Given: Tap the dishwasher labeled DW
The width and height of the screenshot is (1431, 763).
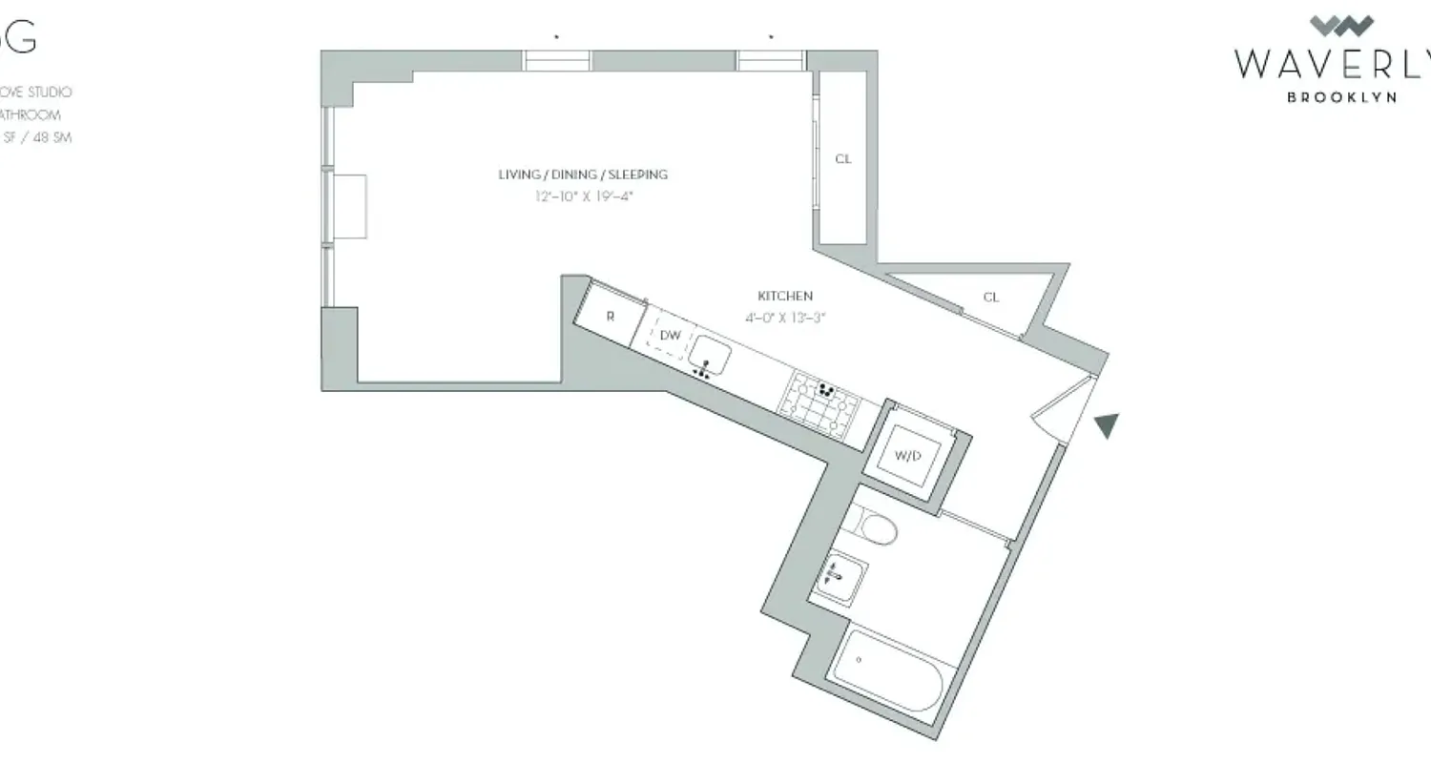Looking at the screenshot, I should (670, 336).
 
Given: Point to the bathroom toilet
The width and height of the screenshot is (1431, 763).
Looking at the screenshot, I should (872, 526).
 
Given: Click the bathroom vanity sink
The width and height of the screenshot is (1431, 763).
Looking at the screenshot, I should (840, 575).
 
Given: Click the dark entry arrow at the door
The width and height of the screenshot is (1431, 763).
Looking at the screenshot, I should (1106, 425).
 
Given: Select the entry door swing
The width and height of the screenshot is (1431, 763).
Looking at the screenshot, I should (1065, 410).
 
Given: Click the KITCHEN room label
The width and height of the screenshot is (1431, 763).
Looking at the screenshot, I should (785, 297).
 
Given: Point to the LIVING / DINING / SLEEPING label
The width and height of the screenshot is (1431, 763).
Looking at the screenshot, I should (583, 175).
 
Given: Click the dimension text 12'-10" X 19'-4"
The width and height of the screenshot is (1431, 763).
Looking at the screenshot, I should (584, 197).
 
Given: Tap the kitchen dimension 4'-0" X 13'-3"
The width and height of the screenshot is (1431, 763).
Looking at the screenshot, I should (785, 319).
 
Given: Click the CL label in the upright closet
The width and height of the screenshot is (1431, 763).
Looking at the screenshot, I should (842, 159).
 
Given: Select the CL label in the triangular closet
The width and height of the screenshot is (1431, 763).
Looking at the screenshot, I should (991, 298).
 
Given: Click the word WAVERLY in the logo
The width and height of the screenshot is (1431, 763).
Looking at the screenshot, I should (1332, 64).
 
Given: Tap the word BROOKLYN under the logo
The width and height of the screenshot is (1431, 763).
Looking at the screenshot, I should (1341, 97).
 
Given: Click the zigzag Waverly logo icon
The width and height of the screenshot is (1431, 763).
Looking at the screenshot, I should (1341, 26).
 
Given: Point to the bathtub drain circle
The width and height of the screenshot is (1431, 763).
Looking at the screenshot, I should (859, 660).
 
